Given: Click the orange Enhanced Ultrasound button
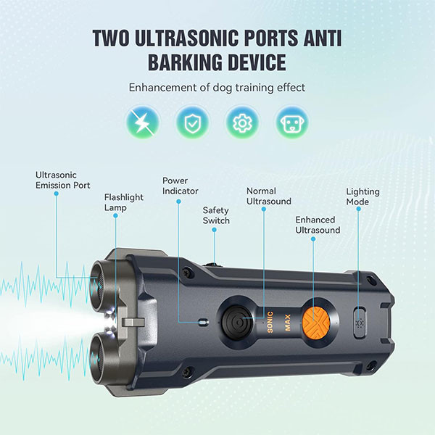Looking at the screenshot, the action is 316,322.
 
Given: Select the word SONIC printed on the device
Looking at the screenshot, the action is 270,322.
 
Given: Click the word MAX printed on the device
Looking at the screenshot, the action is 288,323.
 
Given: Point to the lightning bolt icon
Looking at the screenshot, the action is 143,122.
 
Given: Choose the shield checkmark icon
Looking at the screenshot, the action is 193,122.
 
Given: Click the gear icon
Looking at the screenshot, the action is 242,122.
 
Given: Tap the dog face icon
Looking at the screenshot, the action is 292,122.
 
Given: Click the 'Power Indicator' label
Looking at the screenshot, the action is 180,186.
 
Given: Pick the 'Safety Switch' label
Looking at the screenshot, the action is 216,215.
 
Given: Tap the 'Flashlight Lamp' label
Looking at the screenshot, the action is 124,202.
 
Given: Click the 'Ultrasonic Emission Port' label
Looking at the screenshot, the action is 62,180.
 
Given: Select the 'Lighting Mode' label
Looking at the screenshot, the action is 363,196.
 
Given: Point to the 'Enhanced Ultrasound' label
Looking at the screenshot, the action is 318,225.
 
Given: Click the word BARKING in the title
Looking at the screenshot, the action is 185,62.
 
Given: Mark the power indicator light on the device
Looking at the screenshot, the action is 204,322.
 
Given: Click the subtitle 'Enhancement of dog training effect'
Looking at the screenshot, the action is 217,88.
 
